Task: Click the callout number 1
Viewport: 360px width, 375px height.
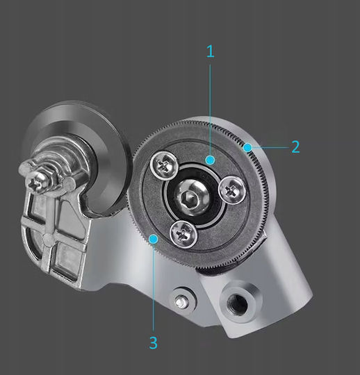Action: point(211,51)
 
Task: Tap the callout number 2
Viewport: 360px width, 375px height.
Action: point(296,147)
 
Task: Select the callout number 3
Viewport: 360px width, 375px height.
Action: point(153,342)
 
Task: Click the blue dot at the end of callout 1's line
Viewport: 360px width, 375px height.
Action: point(210,160)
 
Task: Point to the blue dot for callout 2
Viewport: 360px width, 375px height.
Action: point(247,147)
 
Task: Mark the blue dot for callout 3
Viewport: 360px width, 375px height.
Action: point(154,239)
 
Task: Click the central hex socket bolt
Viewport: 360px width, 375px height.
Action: point(193,197)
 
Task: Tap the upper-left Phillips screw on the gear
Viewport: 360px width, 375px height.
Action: point(164,165)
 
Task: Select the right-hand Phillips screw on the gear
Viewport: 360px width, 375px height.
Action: point(232,190)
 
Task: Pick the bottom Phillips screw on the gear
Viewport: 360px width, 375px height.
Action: point(183,234)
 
